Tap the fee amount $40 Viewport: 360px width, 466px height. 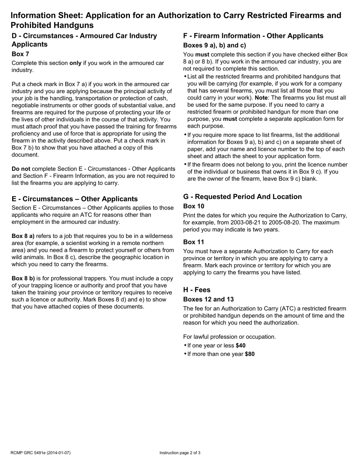240,346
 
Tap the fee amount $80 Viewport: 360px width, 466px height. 250,354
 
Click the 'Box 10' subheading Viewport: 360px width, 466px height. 193,206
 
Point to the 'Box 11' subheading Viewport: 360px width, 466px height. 193,242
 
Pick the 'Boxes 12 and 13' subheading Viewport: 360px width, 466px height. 208,299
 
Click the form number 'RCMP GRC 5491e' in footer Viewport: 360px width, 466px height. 28,453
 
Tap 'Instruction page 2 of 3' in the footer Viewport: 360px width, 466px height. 180,453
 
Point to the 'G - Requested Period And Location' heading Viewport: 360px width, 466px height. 242,197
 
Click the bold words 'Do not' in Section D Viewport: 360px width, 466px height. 21,169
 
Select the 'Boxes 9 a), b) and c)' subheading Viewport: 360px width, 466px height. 214,45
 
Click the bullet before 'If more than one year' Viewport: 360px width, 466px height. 185,354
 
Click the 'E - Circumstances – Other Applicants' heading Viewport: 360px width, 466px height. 75,199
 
